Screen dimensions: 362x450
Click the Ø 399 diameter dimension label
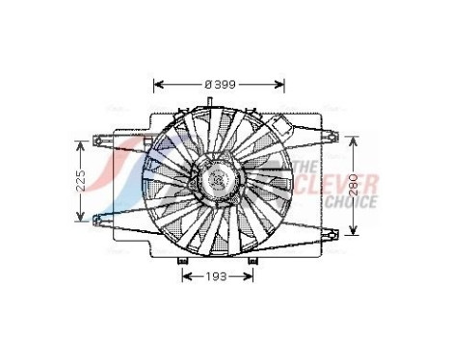(220, 84)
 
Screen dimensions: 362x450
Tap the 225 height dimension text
(83, 179)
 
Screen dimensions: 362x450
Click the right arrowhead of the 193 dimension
(252, 277)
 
